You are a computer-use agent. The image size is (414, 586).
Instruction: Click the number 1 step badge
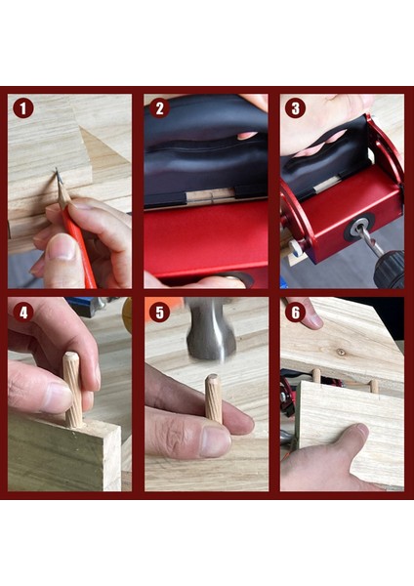(23, 108)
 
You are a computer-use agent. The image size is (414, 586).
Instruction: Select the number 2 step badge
(159, 108)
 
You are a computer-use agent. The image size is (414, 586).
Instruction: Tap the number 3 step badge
(295, 108)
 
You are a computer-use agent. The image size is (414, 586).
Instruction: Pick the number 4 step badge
(23, 313)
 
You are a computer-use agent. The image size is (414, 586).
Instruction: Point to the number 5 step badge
(159, 313)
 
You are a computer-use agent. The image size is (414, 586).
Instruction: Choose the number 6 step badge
(295, 313)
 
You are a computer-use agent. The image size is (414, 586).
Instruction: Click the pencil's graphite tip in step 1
(58, 173)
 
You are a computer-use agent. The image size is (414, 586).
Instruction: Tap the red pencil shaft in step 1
(80, 248)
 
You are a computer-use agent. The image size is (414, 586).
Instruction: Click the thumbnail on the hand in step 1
(62, 247)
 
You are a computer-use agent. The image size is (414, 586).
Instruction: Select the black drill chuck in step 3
(390, 270)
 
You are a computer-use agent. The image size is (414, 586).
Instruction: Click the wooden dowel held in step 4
(73, 390)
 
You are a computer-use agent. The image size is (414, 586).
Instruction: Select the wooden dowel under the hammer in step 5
(214, 399)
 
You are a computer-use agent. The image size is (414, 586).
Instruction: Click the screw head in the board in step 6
(341, 352)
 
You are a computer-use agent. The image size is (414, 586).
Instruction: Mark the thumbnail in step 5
(214, 442)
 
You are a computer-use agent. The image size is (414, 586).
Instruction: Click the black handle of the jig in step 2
(204, 149)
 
